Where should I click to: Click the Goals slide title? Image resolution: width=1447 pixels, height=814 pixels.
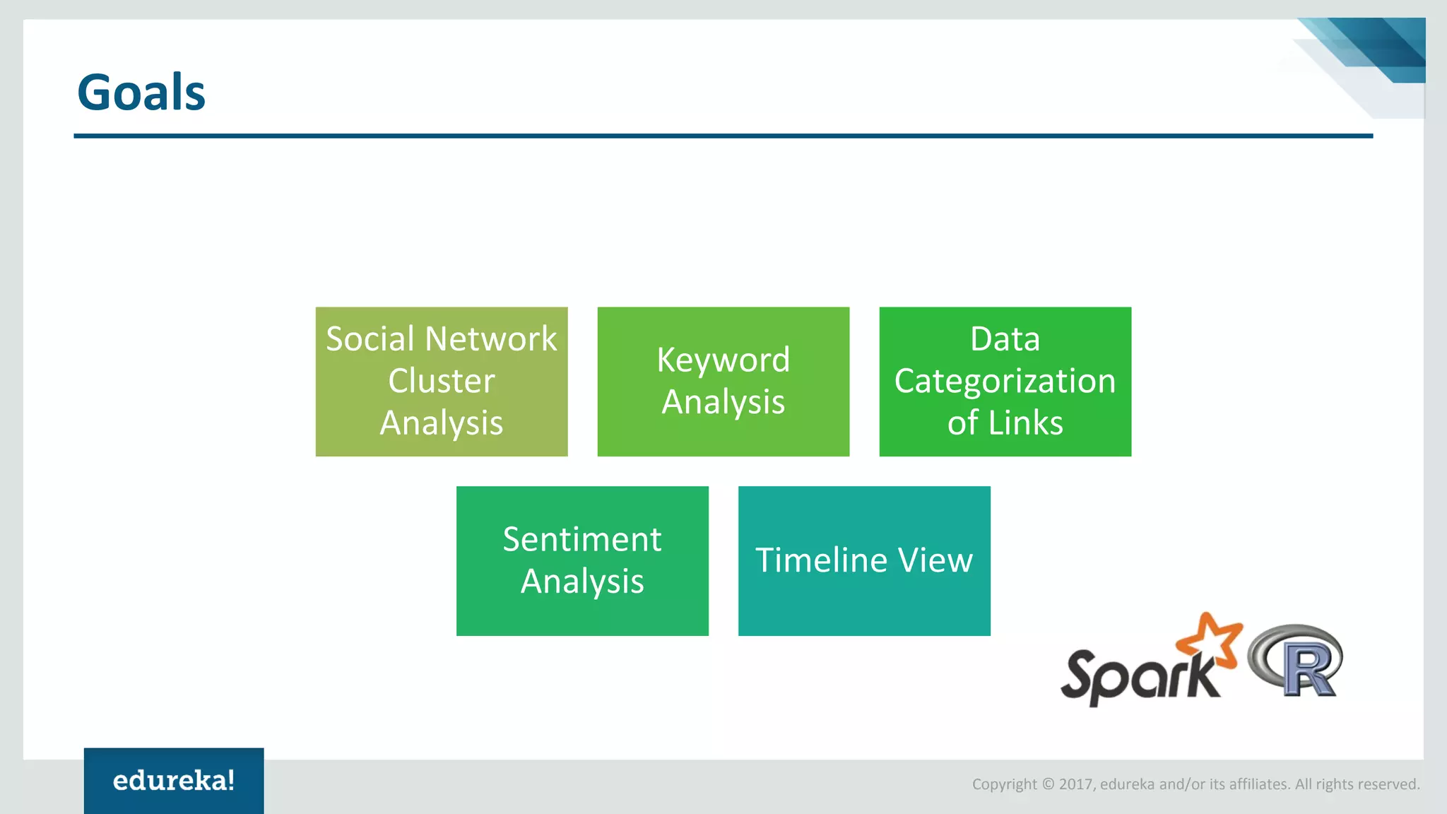[x=141, y=93]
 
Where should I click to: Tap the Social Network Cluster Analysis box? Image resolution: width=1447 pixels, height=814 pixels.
[x=442, y=382]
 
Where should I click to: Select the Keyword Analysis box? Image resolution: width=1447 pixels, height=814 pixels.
[x=723, y=382]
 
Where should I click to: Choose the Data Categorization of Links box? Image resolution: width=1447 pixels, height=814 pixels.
[x=1005, y=382]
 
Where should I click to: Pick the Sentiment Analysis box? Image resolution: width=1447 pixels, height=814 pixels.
[x=582, y=561]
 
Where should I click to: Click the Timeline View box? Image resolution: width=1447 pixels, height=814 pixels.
[x=864, y=561]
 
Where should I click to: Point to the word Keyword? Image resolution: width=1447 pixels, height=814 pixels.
[x=723, y=360]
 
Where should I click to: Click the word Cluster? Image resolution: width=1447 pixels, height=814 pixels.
[x=442, y=382]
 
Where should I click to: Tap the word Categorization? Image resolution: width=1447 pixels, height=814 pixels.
[x=1005, y=382]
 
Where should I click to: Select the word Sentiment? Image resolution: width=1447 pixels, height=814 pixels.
[x=582, y=540]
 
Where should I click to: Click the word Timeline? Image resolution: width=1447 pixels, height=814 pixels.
[x=821, y=560]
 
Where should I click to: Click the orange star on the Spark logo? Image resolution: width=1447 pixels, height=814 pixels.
[x=1210, y=640]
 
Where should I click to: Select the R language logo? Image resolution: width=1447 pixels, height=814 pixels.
[x=1297, y=660]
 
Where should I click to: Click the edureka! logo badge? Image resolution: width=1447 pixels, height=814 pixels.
[x=174, y=780]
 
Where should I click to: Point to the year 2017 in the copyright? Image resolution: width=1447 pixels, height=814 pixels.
[x=1075, y=784]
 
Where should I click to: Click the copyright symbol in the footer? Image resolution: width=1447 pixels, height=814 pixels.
[x=1048, y=784]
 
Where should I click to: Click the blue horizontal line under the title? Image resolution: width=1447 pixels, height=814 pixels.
[x=723, y=136]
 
